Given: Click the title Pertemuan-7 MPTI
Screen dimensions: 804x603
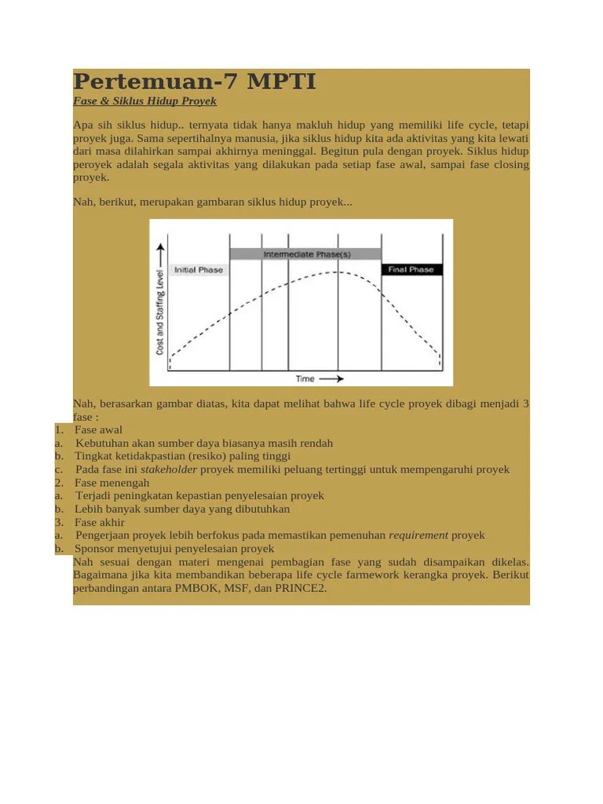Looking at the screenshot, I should point(195,81).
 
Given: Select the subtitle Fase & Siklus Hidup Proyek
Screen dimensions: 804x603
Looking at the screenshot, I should point(144,101).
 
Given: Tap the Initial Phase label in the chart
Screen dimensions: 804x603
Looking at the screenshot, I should point(198,270).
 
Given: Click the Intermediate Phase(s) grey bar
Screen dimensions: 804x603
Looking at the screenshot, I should point(305,254).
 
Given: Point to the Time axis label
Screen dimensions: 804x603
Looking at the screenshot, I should point(305,378).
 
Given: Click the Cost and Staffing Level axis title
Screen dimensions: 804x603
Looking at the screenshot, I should point(161,309).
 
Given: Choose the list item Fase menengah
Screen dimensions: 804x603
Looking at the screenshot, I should point(111,482).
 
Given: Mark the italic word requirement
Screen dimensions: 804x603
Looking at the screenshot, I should point(418,535).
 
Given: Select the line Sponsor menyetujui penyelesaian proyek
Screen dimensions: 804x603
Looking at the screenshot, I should point(174,548).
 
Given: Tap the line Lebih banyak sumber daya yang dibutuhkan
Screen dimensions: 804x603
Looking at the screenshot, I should point(182,509).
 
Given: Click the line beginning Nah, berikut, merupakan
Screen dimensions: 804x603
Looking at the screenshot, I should point(213,202).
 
